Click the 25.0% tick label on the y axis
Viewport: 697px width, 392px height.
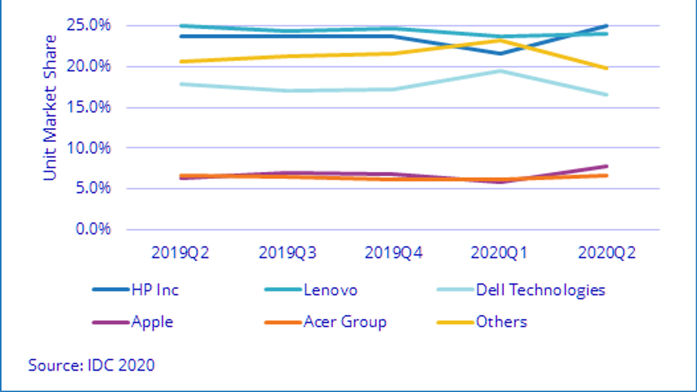tap(88, 25)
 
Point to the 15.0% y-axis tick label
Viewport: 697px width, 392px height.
tap(88, 107)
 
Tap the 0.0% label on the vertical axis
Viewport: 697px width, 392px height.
tap(93, 229)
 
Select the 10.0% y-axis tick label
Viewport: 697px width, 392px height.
tap(88, 148)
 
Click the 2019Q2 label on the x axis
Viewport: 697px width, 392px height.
tap(180, 253)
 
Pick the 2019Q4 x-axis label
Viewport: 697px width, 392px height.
tap(393, 253)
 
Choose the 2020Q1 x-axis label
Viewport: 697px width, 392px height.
tap(499, 253)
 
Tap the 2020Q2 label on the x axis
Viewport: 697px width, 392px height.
tap(606, 253)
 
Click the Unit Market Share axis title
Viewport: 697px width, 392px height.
tap(50, 108)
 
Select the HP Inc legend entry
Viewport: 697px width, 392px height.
tap(155, 290)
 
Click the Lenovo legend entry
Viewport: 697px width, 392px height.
tap(330, 290)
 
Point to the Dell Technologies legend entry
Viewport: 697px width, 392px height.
tap(540, 290)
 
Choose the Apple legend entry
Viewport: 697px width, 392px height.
tap(152, 322)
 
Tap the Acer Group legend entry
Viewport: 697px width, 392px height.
tap(345, 322)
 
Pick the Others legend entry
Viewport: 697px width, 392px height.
tap(501, 322)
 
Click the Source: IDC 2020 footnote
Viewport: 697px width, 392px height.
tap(91, 365)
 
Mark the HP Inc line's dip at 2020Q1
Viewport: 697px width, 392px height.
tap(500, 54)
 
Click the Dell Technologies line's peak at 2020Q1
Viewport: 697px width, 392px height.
tap(500, 71)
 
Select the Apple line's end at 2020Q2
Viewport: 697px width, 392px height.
tap(606, 166)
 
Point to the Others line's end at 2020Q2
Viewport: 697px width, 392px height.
tap(606, 68)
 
